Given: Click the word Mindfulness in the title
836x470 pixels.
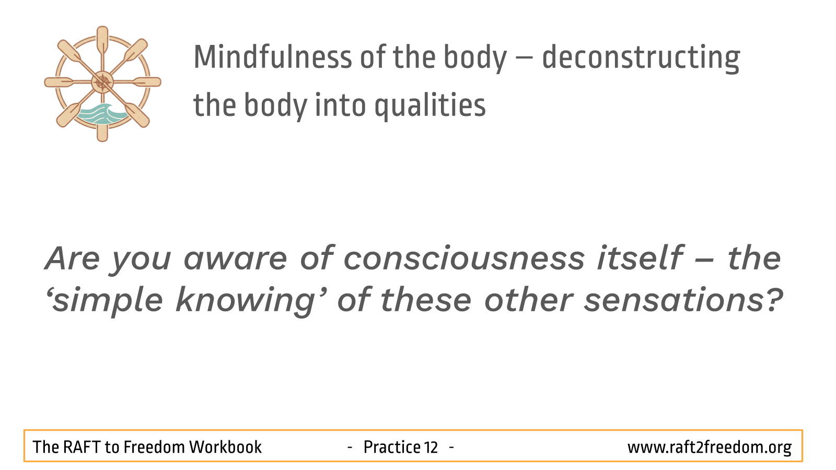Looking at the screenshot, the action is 273,57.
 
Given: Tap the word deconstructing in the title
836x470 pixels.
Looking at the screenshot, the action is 641,58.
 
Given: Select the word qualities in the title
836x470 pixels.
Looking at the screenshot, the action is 430,106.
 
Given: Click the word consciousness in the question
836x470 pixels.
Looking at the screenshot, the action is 464,258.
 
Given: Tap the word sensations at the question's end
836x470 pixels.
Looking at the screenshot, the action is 682,300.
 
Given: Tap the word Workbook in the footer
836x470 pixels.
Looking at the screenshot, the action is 225,447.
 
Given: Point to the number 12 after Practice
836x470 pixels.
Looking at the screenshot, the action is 431,447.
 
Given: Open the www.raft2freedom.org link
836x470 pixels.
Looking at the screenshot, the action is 710,448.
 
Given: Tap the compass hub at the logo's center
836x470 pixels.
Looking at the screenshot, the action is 102,82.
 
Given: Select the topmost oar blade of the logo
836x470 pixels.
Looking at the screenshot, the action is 102,40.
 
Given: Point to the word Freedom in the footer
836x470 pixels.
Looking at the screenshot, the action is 154,447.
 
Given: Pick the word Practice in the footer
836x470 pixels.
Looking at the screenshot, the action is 392,447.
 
